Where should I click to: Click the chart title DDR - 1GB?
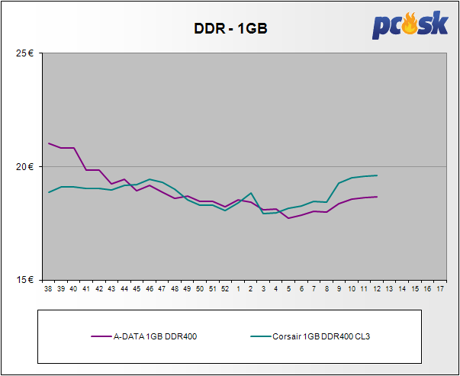(x=230, y=28)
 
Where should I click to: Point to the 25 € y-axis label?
(x=24, y=53)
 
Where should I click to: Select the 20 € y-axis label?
(x=24, y=166)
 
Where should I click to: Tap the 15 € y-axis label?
(x=24, y=279)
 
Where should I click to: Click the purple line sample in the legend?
(x=101, y=336)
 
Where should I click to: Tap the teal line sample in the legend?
(x=261, y=336)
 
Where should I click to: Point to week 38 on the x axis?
(x=48, y=290)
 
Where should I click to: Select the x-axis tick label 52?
(x=225, y=290)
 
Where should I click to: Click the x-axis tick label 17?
(x=440, y=290)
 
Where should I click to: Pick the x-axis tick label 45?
(x=137, y=290)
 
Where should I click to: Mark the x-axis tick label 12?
(x=377, y=290)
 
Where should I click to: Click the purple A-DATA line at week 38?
(x=48, y=143)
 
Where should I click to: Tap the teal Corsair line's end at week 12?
(x=377, y=175)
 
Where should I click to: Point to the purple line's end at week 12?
(x=377, y=197)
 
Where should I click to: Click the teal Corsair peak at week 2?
(x=251, y=193)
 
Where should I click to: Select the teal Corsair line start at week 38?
(x=48, y=192)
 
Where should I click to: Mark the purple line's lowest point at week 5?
(x=288, y=218)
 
